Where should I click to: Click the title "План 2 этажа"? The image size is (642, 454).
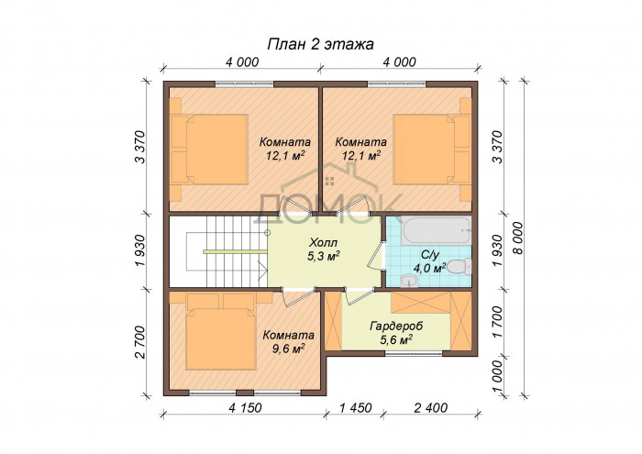point(321,44)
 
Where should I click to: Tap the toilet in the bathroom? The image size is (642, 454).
point(459,267)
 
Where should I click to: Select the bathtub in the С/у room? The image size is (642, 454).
point(436,231)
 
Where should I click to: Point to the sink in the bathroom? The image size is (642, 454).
point(408,281)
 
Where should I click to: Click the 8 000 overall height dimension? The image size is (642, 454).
point(517,238)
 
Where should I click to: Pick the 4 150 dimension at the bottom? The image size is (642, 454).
point(245,408)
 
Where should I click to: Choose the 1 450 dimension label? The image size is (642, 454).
point(356,408)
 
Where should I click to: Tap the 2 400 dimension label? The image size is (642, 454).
point(431,408)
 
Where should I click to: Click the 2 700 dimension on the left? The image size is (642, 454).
point(140,342)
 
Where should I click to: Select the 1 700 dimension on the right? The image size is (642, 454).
point(497,322)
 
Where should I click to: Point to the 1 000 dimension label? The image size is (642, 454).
point(497,377)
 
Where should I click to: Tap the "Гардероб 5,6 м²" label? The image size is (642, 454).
point(396,333)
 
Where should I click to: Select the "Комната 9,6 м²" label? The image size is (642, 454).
point(289,341)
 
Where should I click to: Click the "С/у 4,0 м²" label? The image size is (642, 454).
point(429,262)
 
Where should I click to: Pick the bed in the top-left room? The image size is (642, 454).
point(209,149)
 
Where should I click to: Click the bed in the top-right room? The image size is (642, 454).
point(432,149)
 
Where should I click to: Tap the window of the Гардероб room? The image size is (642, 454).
point(415,354)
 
